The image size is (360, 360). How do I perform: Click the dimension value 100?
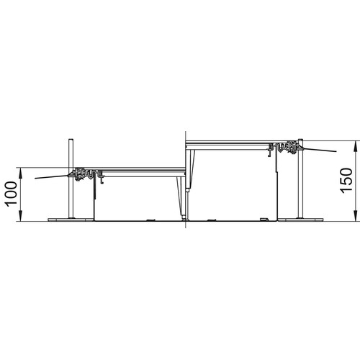coord(12,194)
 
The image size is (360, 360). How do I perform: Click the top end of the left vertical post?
coord(71,140)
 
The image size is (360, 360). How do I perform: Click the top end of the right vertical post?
coord(300,140)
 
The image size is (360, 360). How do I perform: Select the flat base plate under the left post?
coord(71,220)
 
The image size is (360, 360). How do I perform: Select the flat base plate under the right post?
coord(300,220)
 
